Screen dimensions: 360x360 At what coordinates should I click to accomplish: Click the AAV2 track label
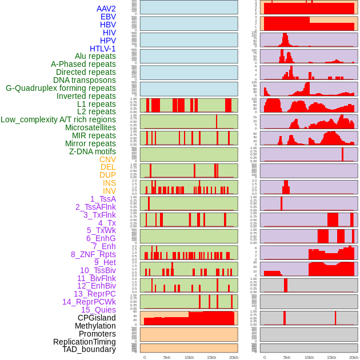(x=106, y=9)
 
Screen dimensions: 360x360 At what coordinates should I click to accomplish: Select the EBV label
(x=108, y=17)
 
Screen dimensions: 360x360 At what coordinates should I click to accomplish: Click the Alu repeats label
(x=95, y=56)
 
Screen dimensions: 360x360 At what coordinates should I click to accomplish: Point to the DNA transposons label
(x=85, y=80)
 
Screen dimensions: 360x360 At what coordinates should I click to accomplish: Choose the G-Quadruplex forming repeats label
(x=61, y=88)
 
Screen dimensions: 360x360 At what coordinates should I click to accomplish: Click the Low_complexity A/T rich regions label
(x=58, y=119)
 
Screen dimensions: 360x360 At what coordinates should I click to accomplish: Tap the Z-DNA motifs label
(x=92, y=151)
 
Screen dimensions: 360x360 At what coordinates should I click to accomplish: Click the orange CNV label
(x=107, y=159)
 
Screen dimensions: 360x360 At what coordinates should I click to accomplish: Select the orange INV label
(x=109, y=191)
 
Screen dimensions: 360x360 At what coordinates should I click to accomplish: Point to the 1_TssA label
(x=103, y=199)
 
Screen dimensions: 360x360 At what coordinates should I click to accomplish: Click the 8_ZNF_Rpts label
(x=93, y=254)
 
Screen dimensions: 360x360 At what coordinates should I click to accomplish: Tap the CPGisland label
(x=97, y=318)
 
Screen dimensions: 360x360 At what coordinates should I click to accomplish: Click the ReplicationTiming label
(x=84, y=342)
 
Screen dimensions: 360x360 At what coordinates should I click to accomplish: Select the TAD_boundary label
(x=89, y=349)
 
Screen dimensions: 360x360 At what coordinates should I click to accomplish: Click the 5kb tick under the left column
(x=167, y=357)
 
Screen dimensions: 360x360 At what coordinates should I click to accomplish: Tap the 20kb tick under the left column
(x=234, y=357)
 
